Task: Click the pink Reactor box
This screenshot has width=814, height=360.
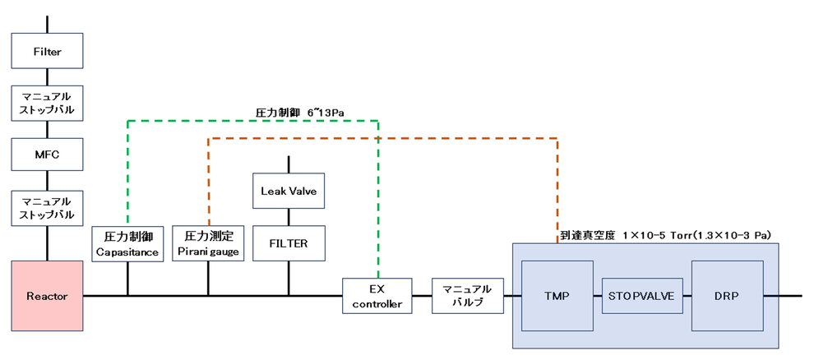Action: pyautogui.click(x=48, y=295)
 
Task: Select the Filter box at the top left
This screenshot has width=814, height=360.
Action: pyautogui.click(x=48, y=52)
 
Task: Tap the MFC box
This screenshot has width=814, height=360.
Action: pyautogui.click(x=48, y=153)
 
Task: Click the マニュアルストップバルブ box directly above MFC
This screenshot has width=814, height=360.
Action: pyautogui.click(x=48, y=103)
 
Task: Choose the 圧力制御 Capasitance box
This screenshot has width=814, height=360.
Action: pyautogui.click(x=127, y=243)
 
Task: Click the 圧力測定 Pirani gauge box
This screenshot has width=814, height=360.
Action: pyautogui.click(x=208, y=243)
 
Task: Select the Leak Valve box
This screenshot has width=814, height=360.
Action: pyautogui.click(x=288, y=192)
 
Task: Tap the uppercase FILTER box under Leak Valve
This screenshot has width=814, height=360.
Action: pyautogui.click(x=288, y=243)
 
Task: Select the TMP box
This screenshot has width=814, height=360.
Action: pyautogui.click(x=557, y=295)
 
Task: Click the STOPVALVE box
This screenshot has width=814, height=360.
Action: pyautogui.click(x=643, y=295)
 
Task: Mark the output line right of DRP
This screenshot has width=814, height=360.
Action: pyautogui.click(x=791, y=295)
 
